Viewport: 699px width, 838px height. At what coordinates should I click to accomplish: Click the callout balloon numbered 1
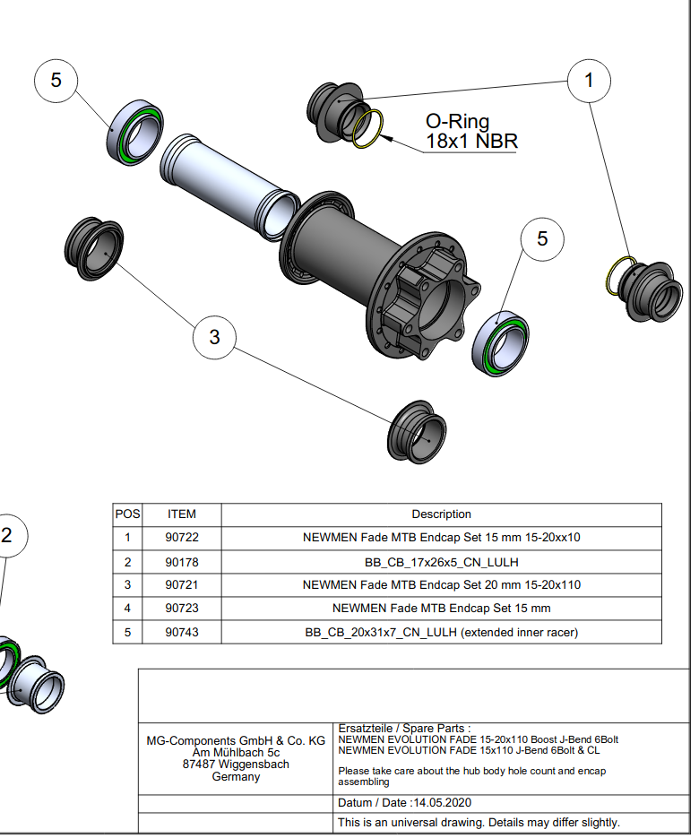tap(589, 80)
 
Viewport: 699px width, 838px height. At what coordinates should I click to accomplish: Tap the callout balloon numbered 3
tap(214, 337)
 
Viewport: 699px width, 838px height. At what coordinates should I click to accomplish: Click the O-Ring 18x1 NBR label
tap(471, 131)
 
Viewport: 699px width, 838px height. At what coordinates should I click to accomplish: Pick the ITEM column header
tap(182, 514)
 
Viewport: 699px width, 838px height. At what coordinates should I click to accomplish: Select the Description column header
tap(441, 514)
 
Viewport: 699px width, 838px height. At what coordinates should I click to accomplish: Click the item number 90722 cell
tap(182, 538)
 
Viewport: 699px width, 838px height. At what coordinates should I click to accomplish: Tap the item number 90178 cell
tap(182, 562)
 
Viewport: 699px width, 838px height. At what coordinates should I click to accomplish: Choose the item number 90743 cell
tap(182, 632)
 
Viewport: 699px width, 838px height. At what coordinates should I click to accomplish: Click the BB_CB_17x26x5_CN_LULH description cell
tap(441, 562)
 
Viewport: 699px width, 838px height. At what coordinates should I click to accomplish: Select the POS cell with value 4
tap(128, 609)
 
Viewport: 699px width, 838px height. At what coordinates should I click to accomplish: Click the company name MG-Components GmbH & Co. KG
tap(236, 741)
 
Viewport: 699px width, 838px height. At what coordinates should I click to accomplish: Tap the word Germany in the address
tap(236, 777)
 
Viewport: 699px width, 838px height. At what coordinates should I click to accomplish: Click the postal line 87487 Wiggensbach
tap(236, 765)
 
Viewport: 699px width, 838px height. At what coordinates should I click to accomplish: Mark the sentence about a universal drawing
tap(479, 822)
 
